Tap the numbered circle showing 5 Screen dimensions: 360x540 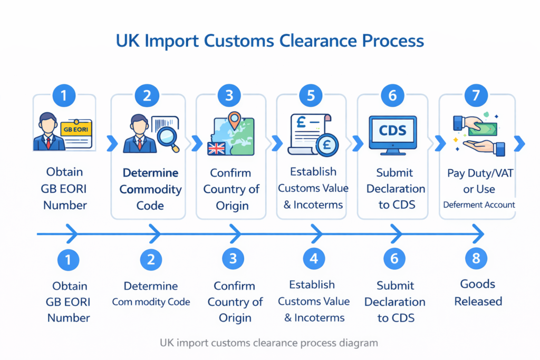pyautogui.click(x=311, y=95)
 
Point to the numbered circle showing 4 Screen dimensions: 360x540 pyautogui.click(x=314, y=258)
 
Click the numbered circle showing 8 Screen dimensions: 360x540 pyautogui.click(x=476, y=258)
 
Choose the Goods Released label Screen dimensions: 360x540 pyautogui.click(x=478, y=293)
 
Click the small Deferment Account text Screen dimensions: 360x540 pyautogui.click(x=479, y=205)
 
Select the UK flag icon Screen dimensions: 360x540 pyautogui.click(x=216, y=148)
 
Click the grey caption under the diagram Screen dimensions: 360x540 pyautogui.click(x=268, y=343)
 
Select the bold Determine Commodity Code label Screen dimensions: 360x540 pyautogui.click(x=150, y=189)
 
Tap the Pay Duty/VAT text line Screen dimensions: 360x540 pyautogui.click(x=479, y=173)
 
